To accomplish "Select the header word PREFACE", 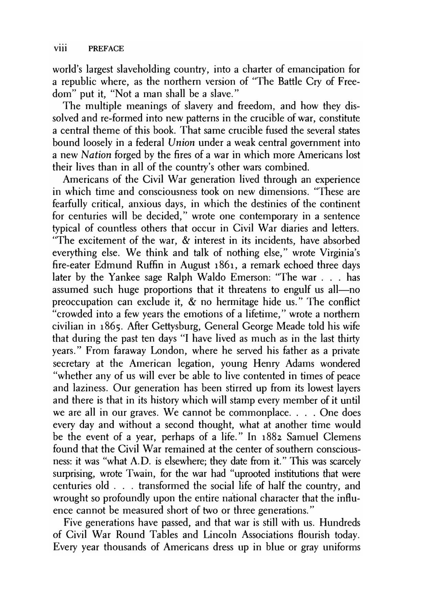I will tap(106, 48).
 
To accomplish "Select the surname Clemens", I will tap(339, 437).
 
